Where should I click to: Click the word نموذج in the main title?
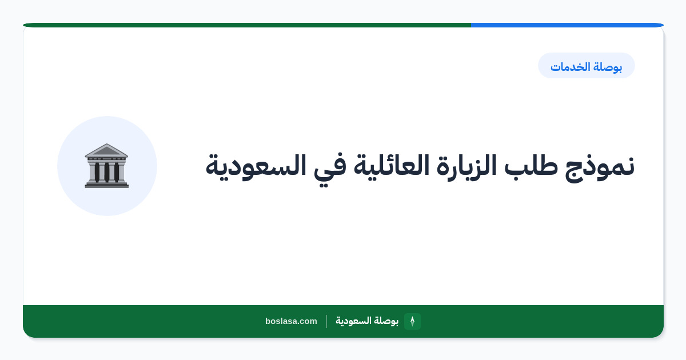click(x=600, y=167)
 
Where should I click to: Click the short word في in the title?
click(x=330, y=169)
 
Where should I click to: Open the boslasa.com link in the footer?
click(x=291, y=321)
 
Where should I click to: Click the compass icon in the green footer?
click(x=412, y=321)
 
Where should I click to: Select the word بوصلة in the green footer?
click(x=385, y=321)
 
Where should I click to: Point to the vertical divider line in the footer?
click(x=326, y=321)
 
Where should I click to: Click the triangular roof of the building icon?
click(x=106, y=150)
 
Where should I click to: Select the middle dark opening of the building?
click(x=107, y=172)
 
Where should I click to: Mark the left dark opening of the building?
click(x=97, y=172)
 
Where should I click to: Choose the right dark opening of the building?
click(x=117, y=172)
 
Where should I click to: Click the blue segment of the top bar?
click(x=567, y=25)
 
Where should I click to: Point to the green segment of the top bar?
click(x=247, y=25)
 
